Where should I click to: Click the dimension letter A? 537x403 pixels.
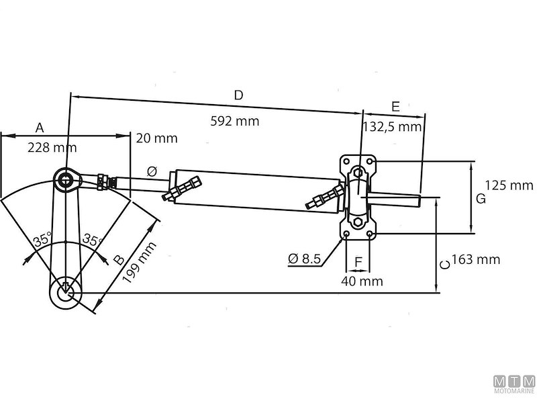coord(40,127)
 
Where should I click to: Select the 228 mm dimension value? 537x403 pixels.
coord(52,148)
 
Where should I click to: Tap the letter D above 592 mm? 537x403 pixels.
coord(238,95)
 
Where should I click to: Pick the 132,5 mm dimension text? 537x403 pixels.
coord(392,126)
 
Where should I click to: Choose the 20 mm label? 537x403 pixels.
coord(156,138)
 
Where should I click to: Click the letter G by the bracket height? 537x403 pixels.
coord(480,199)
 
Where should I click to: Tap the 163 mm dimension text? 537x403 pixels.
coord(475,259)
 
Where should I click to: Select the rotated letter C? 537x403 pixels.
coord(444,265)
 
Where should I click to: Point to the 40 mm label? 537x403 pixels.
coord(362,281)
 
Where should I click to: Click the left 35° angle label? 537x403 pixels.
coord(42,239)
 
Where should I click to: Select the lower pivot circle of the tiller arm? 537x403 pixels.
coord(65,292)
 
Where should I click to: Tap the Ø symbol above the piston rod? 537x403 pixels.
coord(152,172)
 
